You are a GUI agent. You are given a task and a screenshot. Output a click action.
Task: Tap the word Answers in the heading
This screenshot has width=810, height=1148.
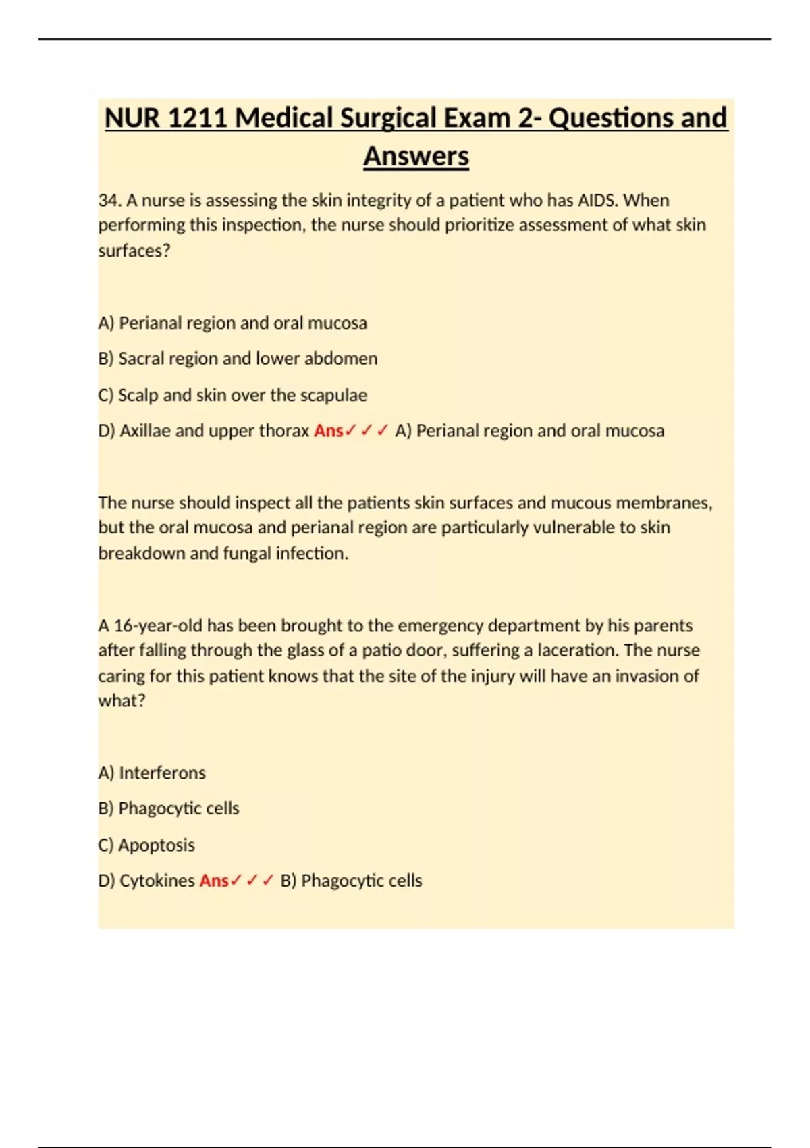416,157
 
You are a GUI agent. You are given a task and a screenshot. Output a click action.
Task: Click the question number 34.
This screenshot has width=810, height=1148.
109,201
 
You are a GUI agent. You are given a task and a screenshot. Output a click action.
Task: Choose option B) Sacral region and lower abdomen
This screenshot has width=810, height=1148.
238,359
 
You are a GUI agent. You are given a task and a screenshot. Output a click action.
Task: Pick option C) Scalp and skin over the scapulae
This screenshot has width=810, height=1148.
233,395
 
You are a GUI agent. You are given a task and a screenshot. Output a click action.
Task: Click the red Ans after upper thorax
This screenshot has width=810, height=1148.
329,431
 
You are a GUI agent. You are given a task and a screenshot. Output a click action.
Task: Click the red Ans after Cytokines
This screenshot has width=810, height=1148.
214,881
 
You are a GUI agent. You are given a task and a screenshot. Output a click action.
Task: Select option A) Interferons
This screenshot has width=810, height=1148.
152,773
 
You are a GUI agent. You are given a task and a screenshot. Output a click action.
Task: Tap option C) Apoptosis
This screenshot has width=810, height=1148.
146,845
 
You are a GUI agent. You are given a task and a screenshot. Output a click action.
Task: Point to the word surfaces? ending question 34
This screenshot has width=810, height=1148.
134,251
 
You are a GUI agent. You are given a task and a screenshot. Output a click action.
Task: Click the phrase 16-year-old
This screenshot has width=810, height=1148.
158,625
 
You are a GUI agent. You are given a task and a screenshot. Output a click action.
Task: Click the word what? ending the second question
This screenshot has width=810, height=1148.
122,700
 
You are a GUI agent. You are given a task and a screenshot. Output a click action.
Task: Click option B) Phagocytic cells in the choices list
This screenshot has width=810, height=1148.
169,808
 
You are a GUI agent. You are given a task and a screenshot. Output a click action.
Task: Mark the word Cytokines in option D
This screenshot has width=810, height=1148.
157,881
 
